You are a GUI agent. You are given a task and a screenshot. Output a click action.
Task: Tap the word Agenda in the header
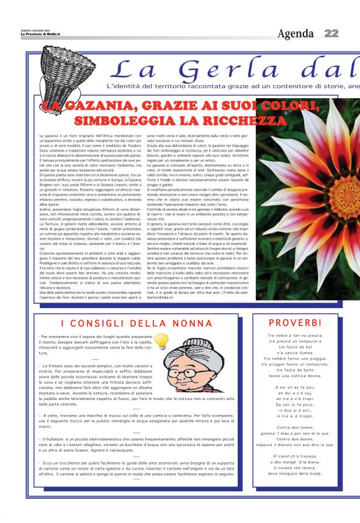tap(295, 34)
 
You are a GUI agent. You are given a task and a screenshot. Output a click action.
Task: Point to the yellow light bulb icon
tap(161, 340)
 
